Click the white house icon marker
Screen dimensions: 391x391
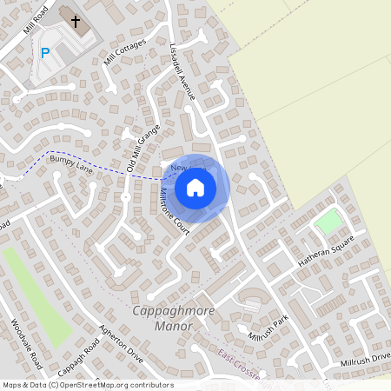[x=195, y=187]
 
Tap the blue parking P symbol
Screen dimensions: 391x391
[x=45, y=53]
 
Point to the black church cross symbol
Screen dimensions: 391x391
[x=76, y=21]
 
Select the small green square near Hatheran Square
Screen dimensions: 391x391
[x=328, y=222]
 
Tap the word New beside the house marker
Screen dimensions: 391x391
[x=179, y=167]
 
